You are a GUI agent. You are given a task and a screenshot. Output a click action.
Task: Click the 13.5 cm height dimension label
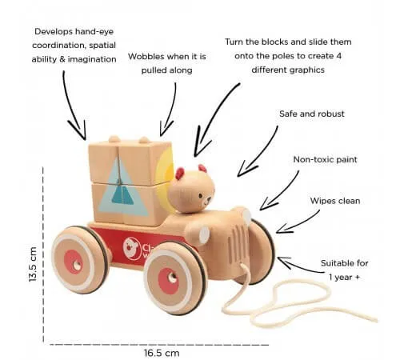tap(33, 264)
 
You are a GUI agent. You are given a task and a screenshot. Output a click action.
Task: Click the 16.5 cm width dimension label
tap(162, 353)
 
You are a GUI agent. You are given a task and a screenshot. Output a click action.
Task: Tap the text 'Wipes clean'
tap(335, 201)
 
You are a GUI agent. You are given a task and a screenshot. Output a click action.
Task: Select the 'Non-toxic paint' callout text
tap(325, 159)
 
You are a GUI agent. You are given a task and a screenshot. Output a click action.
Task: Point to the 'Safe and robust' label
tap(312, 114)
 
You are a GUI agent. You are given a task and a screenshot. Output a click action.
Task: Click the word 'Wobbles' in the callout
tap(146, 57)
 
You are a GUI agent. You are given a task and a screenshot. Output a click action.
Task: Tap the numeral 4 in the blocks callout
tap(338, 56)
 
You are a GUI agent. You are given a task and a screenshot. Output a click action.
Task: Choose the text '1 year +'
tap(344, 278)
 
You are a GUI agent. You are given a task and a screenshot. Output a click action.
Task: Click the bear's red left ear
tap(180, 173)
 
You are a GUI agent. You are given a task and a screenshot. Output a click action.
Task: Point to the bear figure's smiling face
tap(205, 200)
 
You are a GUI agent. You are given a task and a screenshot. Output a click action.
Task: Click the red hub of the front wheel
tap(168, 281)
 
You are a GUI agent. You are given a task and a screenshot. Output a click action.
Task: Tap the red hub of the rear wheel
tap(74, 262)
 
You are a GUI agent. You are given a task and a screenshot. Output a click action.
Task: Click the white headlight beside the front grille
tap(204, 235)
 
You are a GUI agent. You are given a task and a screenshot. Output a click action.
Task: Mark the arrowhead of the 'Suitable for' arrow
tap(283, 262)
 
